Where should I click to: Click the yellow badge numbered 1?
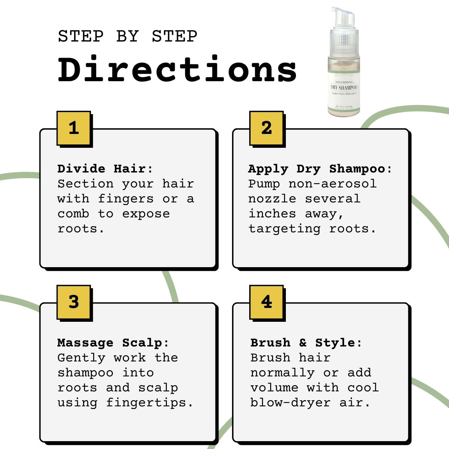tap(74, 128)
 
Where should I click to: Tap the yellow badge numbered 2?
tap(266, 128)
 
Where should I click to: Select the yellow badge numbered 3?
tap(74, 302)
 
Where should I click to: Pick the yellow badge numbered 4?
tap(266, 302)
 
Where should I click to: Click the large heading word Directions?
tap(177, 70)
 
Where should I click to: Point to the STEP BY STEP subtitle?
tap(128, 37)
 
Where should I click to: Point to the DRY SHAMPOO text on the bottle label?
tap(344, 88)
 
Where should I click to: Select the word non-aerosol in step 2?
tap(332, 184)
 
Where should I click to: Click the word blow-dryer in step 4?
tap(290, 403)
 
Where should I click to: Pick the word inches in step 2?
tap(272, 214)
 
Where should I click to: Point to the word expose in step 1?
tap(146, 214)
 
